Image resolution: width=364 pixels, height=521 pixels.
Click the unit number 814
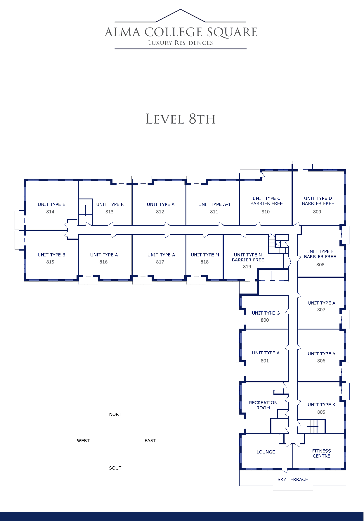[50, 212]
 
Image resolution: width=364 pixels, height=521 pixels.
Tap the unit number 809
[317, 212]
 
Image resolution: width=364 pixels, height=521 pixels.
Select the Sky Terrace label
[293, 479]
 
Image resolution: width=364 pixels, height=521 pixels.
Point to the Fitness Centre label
[321, 453]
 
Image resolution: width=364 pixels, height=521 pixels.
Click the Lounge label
[266, 452]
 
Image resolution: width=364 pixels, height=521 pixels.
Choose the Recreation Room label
[263, 405]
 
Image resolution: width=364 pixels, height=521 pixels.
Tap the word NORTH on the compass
[117, 414]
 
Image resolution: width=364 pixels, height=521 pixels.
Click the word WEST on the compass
[83, 441]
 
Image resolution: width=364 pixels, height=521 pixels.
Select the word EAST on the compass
[150, 441]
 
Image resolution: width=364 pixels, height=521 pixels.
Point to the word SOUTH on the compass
[117, 468]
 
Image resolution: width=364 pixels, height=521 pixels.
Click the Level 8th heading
[181, 119]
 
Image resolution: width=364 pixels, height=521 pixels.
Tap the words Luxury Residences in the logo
[180, 43]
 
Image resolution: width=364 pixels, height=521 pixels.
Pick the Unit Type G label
[266, 313]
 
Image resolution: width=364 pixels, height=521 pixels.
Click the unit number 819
[247, 267]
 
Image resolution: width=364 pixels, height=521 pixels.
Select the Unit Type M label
[205, 255]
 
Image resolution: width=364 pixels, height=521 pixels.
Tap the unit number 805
[321, 412]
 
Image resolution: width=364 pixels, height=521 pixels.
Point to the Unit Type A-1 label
[214, 204]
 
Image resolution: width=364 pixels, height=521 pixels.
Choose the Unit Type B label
[51, 255]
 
